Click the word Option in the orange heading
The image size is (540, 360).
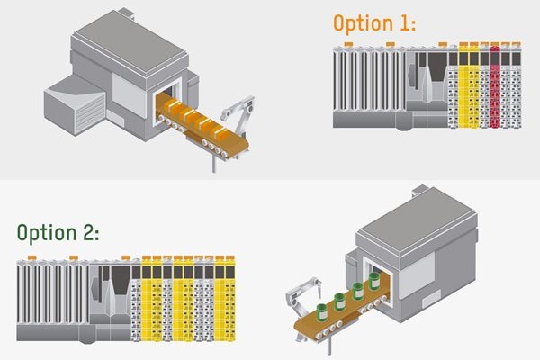pyautogui.click(x=364, y=23)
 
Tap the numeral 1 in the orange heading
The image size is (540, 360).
pyautogui.click(x=404, y=23)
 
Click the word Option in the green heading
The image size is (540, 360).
pyautogui.click(x=47, y=233)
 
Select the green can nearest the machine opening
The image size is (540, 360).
pyautogui.click(x=374, y=281)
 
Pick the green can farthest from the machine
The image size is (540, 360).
pyautogui.click(x=323, y=312)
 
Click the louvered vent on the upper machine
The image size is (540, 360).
pyautogui.click(x=90, y=112)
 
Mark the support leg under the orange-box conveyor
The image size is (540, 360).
pyautogui.click(x=214, y=162)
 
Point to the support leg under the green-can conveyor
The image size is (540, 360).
pyautogui.click(x=329, y=346)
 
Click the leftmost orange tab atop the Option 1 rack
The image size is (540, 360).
pyautogui.click(x=348, y=44)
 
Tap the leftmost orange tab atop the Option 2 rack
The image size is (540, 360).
pyautogui.click(x=32, y=257)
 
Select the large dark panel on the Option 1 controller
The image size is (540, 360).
pyautogui.click(x=437, y=67)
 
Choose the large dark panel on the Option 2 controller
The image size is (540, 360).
pyautogui.click(x=121, y=280)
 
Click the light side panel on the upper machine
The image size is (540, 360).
pyautogui.click(x=130, y=95)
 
